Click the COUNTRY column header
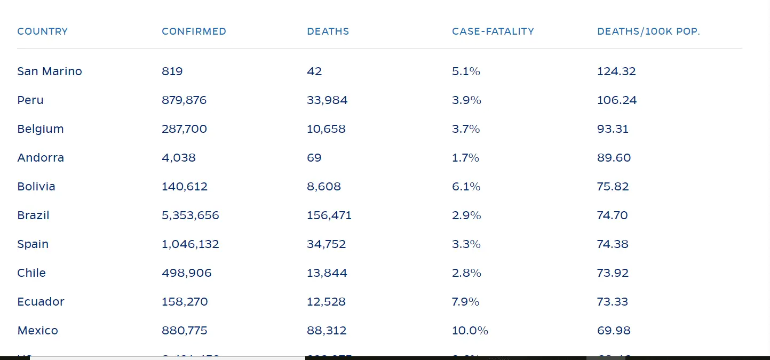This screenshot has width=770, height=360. click(43, 31)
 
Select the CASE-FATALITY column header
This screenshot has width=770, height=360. click(493, 31)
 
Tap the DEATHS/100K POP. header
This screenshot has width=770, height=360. click(648, 31)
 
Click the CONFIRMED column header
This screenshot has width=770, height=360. click(194, 31)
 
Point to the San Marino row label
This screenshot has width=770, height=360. click(50, 71)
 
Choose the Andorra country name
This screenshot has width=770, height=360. click(41, 158)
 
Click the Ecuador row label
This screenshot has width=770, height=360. click(41, 302)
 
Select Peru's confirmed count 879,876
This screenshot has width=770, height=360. click(184, 100)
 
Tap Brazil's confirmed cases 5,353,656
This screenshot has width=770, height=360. click(190, 215)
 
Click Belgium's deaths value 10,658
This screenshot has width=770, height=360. click(326, 129)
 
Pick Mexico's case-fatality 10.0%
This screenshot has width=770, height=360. click(470, 331)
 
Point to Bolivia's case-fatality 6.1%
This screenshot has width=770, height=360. click(466, 187)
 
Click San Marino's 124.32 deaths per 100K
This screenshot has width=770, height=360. click(616, 71)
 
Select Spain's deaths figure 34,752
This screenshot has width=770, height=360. click(326, 244)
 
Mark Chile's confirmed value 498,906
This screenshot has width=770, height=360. click(187, 273)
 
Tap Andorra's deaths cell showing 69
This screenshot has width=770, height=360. click(314, 158)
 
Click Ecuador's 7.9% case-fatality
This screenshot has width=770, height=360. click(465, 302)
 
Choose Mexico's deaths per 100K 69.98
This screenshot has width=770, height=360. click(614, 331)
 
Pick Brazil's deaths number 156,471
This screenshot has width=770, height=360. click(329, 215)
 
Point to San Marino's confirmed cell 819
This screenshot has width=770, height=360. click(172, 71)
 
